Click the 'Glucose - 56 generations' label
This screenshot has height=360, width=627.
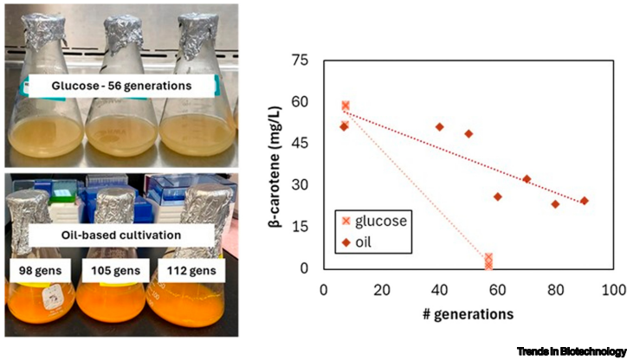[x=110, y=85]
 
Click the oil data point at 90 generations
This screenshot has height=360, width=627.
[x=584, y=201]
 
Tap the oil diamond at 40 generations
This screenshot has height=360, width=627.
[x=439, y=127]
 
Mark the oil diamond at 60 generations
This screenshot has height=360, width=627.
[x=497, y=196]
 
